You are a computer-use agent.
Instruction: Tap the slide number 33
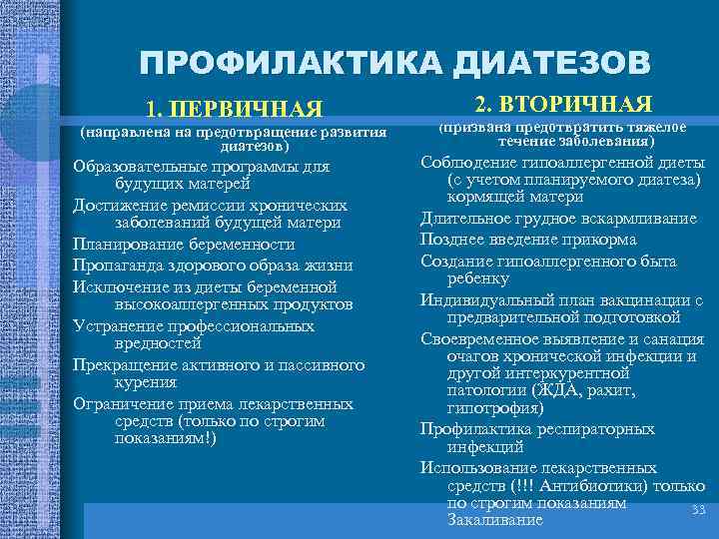point(698,511)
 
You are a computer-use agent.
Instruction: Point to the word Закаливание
point(495,520)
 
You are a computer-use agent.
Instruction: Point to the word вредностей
point(153,344)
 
